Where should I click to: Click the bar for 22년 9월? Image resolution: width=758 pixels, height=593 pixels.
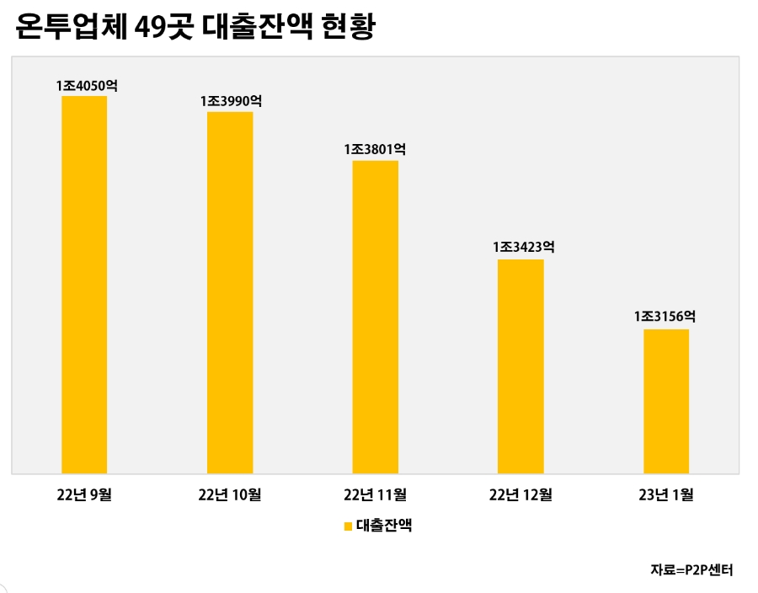84,285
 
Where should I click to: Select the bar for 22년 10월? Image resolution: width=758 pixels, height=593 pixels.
230,292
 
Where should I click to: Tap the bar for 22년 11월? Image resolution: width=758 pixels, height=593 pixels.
376,317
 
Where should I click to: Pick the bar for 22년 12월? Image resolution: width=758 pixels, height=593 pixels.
520,366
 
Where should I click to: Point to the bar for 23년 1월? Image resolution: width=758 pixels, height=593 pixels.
666,401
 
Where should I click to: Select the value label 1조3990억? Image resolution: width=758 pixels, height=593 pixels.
231,101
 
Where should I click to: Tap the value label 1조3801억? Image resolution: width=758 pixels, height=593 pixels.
376,149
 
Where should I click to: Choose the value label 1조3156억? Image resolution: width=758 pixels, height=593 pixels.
665,318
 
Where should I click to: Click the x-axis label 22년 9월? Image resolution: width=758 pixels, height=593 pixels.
83,494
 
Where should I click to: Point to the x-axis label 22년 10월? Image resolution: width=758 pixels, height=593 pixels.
229,494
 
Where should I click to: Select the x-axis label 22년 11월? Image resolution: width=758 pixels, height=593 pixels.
375,494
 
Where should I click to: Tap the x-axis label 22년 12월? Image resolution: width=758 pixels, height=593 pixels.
520,494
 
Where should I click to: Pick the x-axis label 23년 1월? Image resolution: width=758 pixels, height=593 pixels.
666,494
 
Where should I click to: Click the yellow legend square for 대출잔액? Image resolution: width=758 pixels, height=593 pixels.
348,527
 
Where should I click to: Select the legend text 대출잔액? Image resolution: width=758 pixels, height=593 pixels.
384,526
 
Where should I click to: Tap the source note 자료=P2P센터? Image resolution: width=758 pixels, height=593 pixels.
691,570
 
